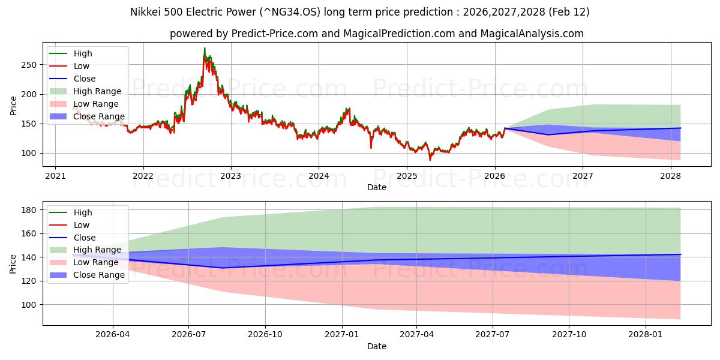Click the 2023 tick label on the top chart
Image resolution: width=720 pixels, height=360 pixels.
point(231,176)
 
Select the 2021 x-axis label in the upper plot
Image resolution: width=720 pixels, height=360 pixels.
point(55,176)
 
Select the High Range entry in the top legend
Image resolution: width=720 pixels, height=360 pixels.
point(97,91)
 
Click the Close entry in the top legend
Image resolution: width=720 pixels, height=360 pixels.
point(85,79)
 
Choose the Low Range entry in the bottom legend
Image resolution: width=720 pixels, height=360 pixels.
point(96,262)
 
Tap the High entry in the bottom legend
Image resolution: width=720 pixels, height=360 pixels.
point(83,212)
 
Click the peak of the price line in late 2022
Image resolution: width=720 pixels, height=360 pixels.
point(205,48)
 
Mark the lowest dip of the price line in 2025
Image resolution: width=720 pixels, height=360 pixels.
point(430,160)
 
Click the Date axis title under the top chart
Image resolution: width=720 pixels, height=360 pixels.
point(376,188)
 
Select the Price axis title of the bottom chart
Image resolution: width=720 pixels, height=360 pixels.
point(14,263)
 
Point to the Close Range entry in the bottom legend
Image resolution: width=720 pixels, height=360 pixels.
point(99,275)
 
